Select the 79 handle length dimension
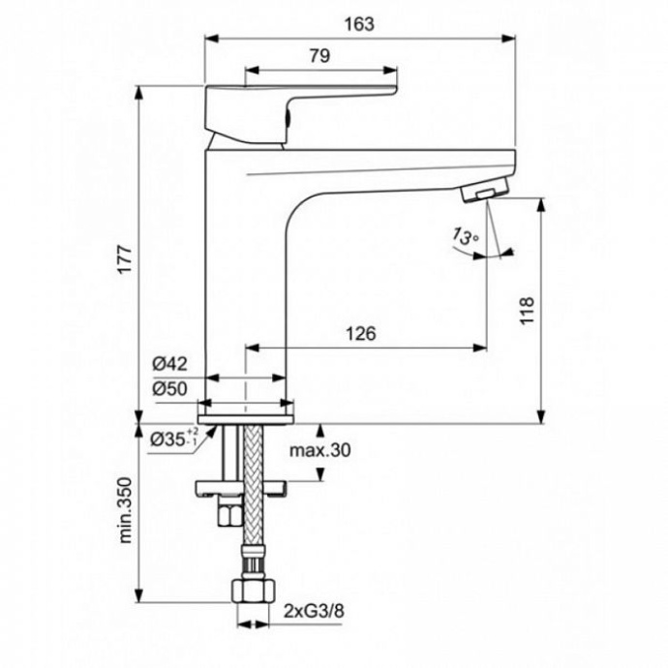[x=319, y=56]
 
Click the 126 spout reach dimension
[x=362, y=332]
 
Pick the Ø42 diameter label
[x=169, y=365]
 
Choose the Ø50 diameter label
[x=169, y=387]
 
